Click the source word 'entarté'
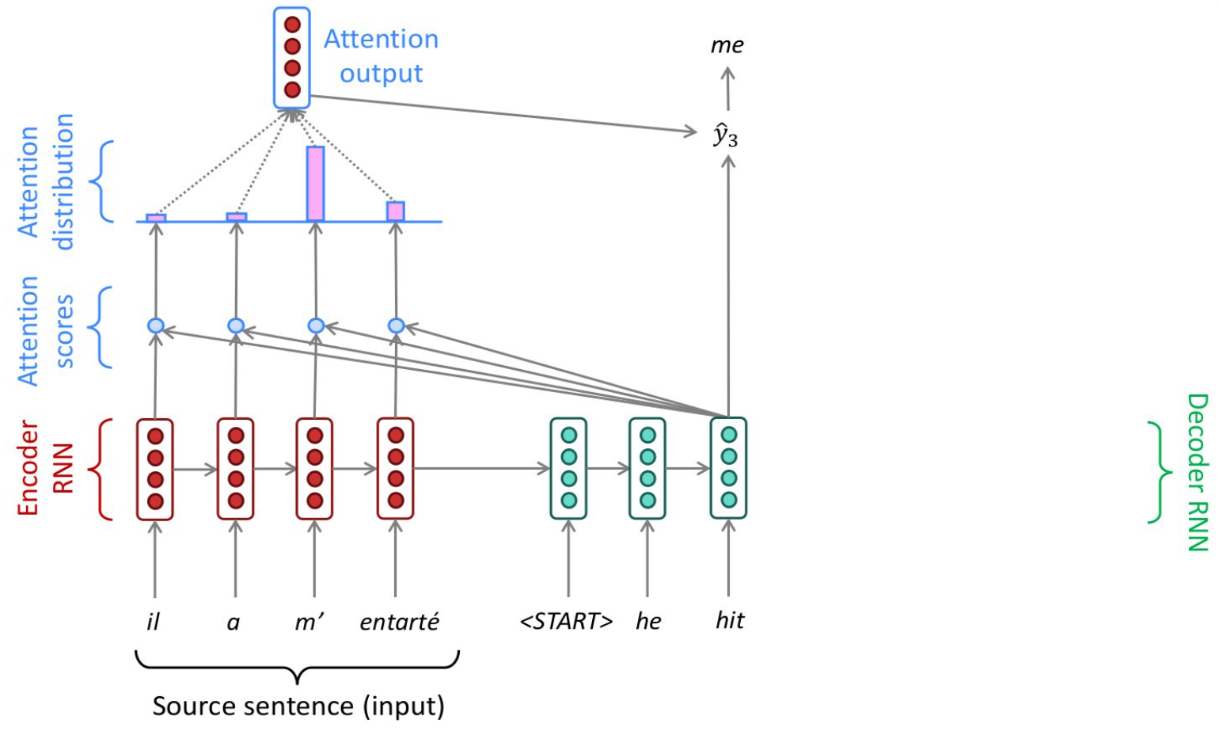[399, 622]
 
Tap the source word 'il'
[153, 622]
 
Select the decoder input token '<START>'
[566, 622]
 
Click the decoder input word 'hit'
[729, 620]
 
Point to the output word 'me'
[727, 45]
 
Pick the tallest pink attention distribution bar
[315, 184]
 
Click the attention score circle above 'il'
[156, 326]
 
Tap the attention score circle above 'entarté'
[397, 326]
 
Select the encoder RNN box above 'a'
[235, 469]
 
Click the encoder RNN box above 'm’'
[314, 469]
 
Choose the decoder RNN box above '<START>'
[568, 469]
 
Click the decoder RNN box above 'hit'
[728, 469]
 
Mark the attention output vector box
[292, 58]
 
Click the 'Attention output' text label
[381, 56]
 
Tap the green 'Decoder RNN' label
[1197, 472]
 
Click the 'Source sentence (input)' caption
[298, 706]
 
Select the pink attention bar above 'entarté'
[396, 211]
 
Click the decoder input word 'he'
[648, 622]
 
